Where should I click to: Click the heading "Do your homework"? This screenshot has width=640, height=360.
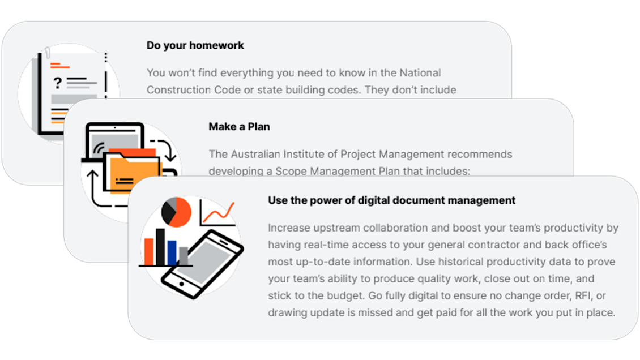195,45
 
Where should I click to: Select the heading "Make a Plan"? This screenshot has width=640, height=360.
239,127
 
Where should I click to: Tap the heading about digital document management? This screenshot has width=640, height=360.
391,200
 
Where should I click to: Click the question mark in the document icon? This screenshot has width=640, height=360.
57,84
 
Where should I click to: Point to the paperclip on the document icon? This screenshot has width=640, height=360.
48,53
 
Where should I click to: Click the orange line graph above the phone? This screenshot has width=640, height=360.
217,213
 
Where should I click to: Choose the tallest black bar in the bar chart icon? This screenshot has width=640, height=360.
160,247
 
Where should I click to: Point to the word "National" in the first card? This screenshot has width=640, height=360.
420,73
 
